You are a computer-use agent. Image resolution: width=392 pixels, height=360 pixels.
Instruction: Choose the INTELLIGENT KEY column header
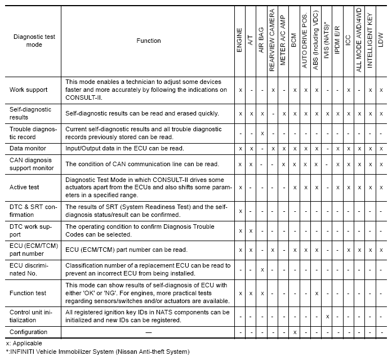371,41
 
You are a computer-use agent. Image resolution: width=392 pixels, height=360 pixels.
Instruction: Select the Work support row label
29,90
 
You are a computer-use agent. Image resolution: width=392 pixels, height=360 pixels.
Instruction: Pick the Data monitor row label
28,148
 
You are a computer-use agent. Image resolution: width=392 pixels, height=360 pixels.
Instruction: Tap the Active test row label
25,186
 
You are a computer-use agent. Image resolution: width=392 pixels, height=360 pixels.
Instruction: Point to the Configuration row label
29,332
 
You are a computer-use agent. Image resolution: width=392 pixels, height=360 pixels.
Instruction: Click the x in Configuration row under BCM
295,332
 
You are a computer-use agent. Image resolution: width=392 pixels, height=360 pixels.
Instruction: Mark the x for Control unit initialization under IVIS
327,316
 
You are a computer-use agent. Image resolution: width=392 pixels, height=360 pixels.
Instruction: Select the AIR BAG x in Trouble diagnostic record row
262,133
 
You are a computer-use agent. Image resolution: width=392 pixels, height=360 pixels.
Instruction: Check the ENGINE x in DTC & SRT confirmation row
240,211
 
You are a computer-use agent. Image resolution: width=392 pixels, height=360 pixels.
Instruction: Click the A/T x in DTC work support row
251,231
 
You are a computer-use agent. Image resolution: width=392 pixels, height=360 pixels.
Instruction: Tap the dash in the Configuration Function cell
148,332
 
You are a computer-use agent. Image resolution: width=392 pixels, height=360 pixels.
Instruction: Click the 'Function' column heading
148,41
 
